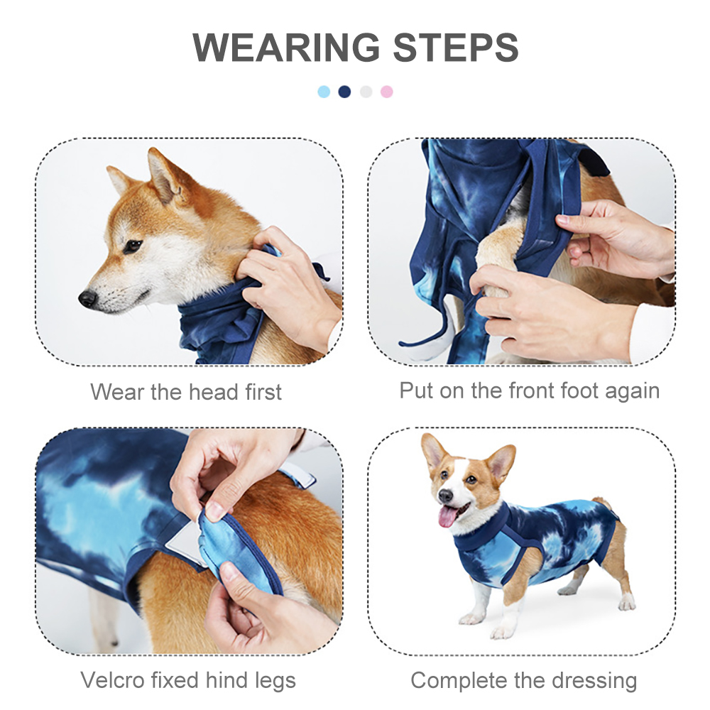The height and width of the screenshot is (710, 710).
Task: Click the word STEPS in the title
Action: [x=455, y=48]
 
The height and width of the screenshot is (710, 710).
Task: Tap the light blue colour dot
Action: [x=324, y=92]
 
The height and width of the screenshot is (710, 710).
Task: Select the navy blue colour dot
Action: [x=344, y=92]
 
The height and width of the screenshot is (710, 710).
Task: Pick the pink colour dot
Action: [x=386, y=92]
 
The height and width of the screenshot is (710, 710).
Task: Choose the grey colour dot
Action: [x=366, y=92]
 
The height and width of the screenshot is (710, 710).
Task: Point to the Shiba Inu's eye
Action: [x=132, y=246]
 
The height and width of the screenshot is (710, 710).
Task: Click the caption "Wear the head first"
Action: [x=186, y=392]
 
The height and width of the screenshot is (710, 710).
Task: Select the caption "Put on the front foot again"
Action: [x=530, y=390]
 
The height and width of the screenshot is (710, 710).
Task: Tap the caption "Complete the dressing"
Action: [x=524, y=681]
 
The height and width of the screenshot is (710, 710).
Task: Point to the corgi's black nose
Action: [x=444, y=495]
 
